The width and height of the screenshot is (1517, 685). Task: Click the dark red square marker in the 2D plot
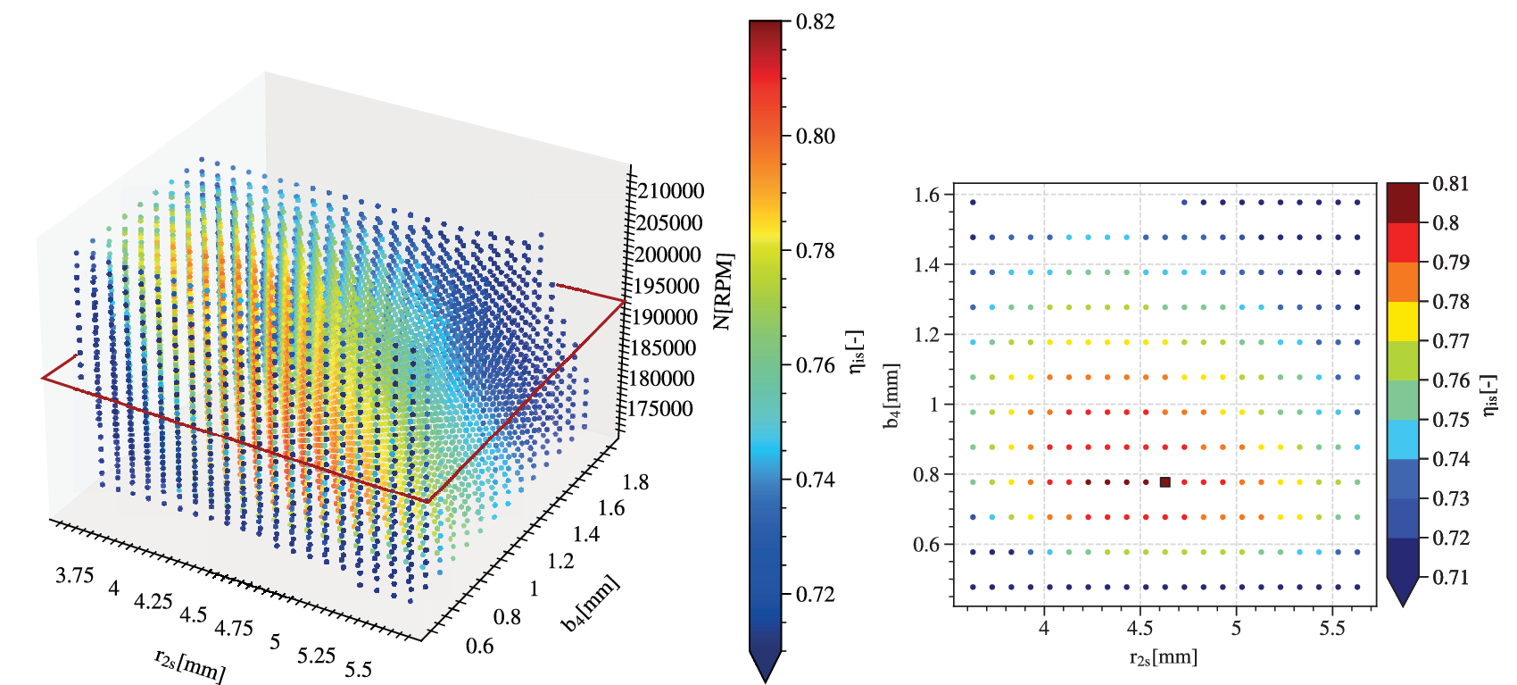(x=1165, y=482)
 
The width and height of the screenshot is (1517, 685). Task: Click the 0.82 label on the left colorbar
(x=815, y=21)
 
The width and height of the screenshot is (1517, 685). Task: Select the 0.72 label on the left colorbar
(x=815, y=594)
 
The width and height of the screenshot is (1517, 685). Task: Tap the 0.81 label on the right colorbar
(x=1450, y=184)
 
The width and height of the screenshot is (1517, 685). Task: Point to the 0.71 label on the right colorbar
(x=1450, y=577)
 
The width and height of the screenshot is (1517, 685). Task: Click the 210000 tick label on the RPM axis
(x=669, y=191)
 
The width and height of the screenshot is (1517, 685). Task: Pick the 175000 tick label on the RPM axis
(x=661, y=409)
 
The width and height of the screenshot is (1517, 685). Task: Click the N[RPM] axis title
(x=724, y=291)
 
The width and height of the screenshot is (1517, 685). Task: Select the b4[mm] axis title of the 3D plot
(x=590, y=605)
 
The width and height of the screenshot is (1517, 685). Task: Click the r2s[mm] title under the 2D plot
(x=1163, y=658)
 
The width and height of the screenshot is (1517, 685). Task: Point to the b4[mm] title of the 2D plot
(x=891, y=396)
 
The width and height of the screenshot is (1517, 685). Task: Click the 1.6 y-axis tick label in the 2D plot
(x=927, y=195)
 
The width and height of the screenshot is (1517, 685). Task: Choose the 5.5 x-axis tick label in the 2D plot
(x=1331, y=628)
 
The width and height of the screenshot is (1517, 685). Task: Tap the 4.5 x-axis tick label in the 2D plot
(x=1140, y=628)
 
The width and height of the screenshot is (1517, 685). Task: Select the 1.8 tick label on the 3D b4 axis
(x=635, y=482)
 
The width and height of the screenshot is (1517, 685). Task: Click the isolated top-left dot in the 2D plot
(x=973, y=203)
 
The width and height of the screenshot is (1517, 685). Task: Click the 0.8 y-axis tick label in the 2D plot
(x=927, y=474)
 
